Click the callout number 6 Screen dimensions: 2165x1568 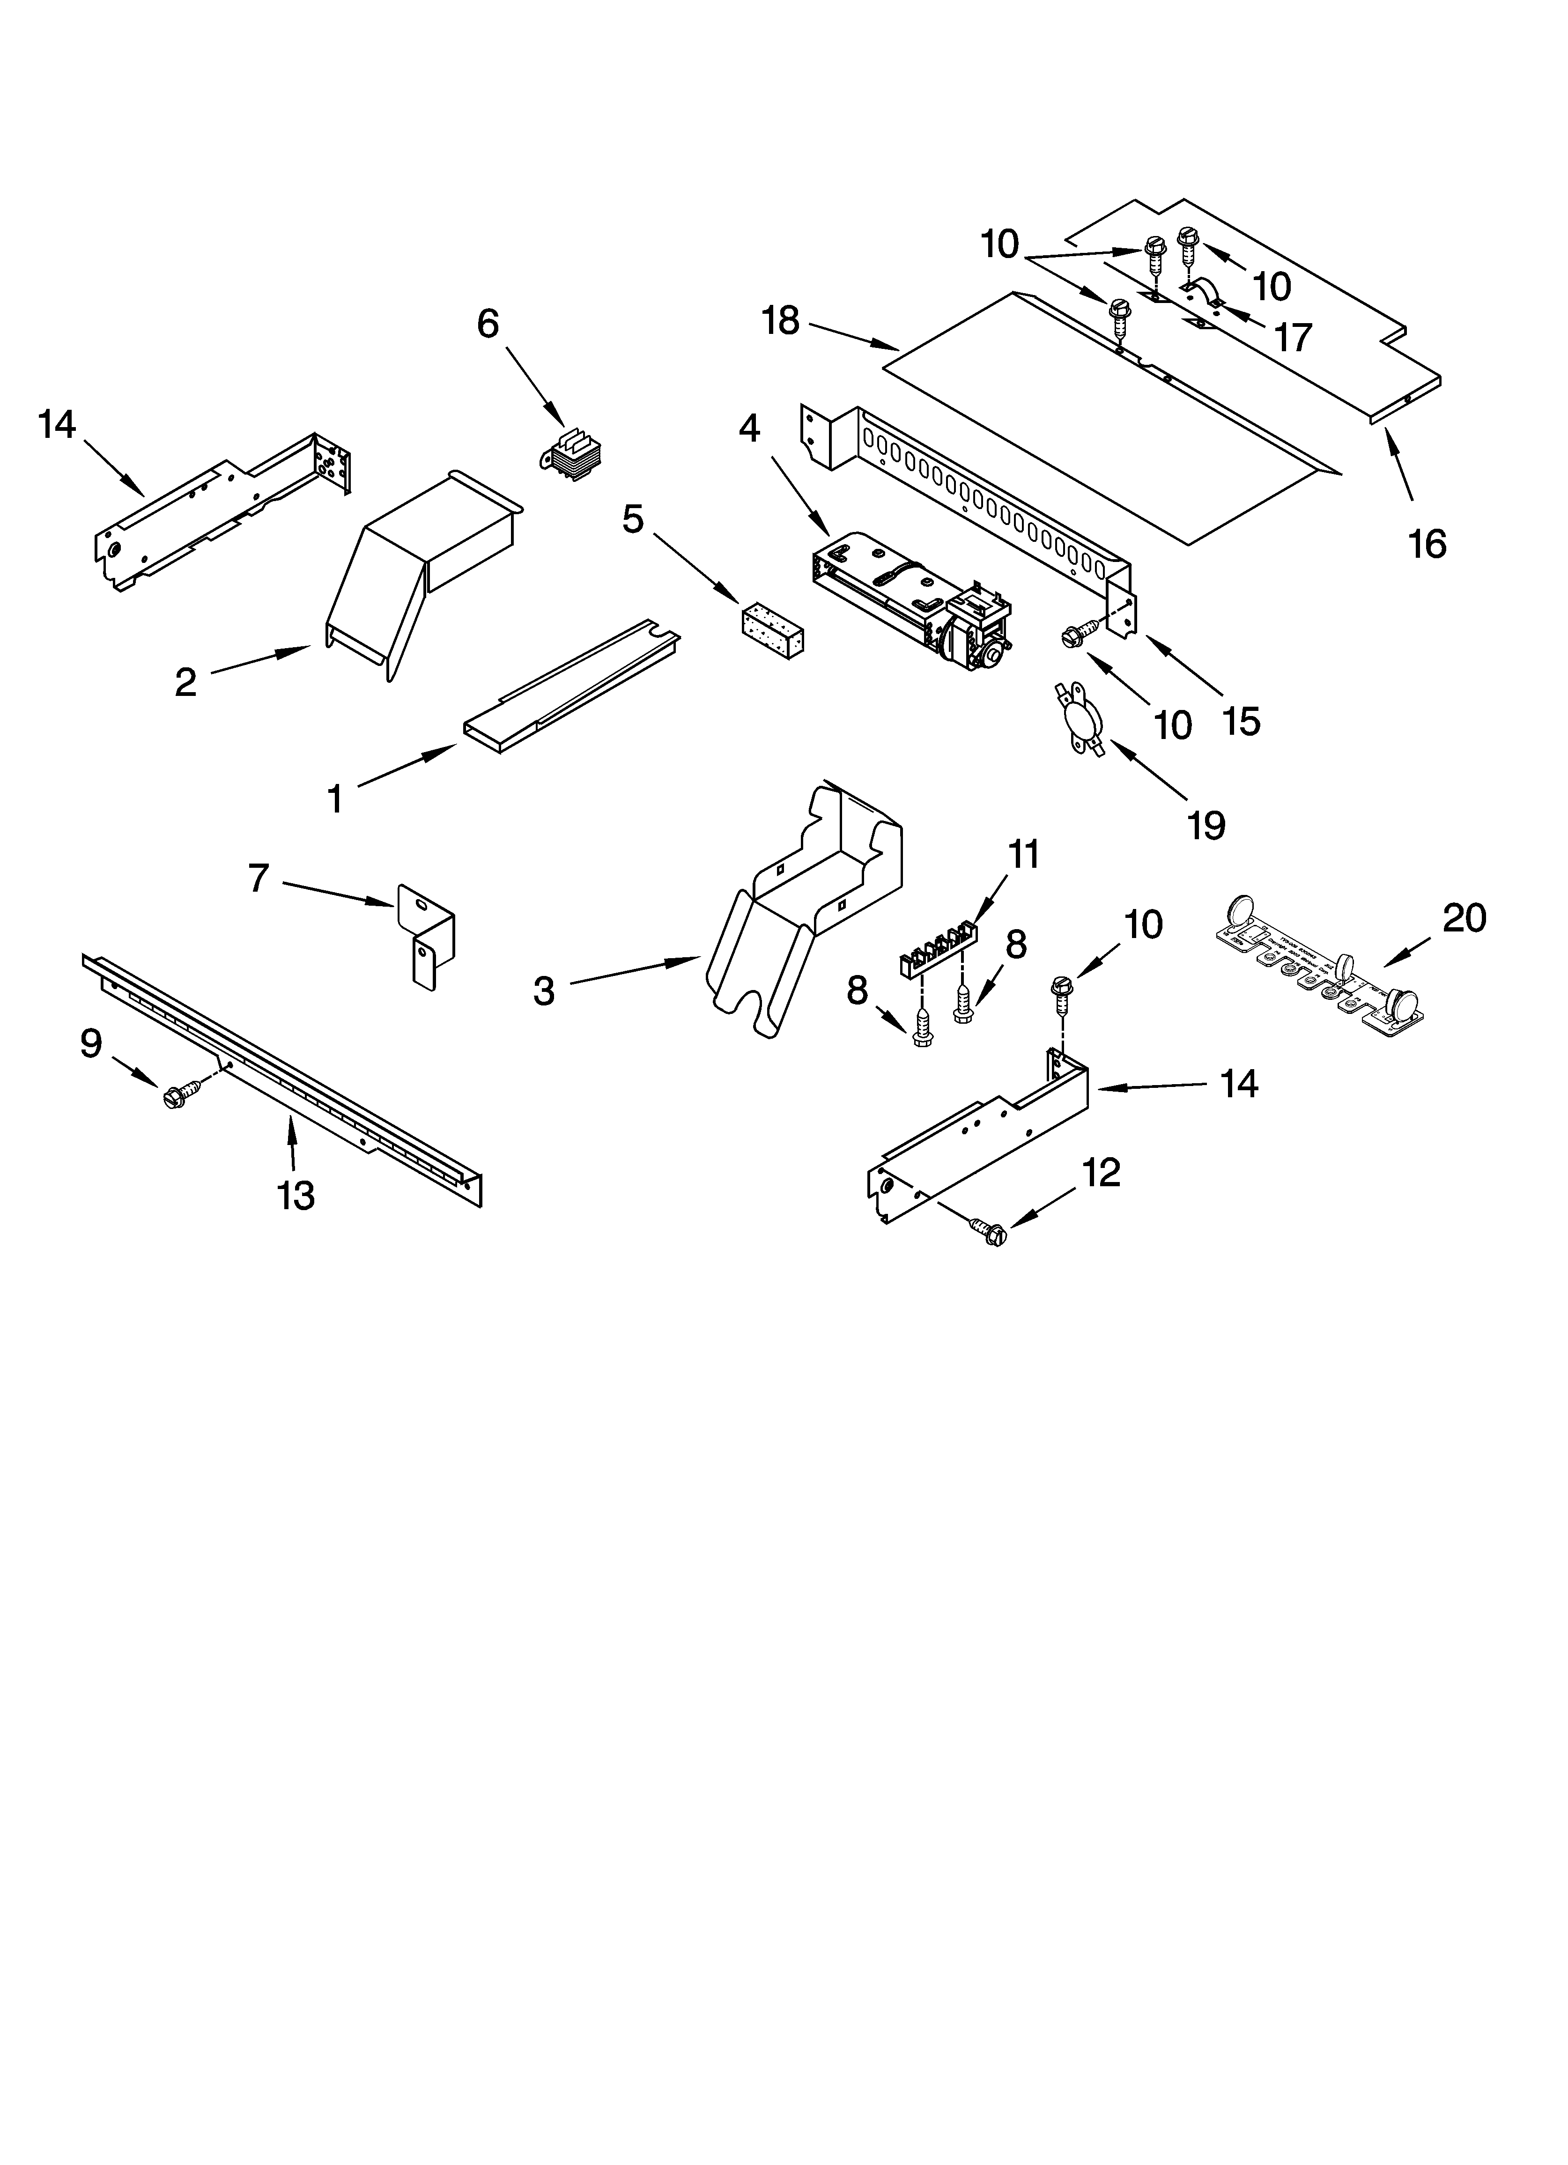[488, 325]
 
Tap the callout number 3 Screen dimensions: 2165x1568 [543, 992]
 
